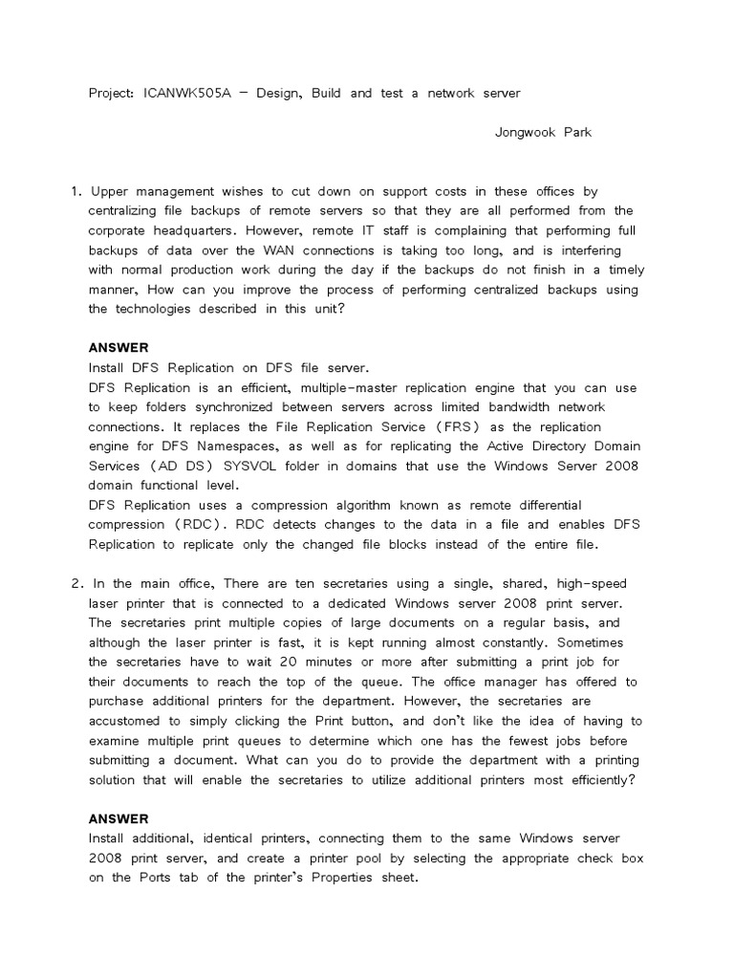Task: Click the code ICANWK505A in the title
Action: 184,95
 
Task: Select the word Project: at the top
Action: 111,95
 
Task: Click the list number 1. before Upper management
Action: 76,192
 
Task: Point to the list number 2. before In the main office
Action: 76,583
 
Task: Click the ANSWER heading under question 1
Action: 119,348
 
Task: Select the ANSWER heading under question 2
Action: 119,818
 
